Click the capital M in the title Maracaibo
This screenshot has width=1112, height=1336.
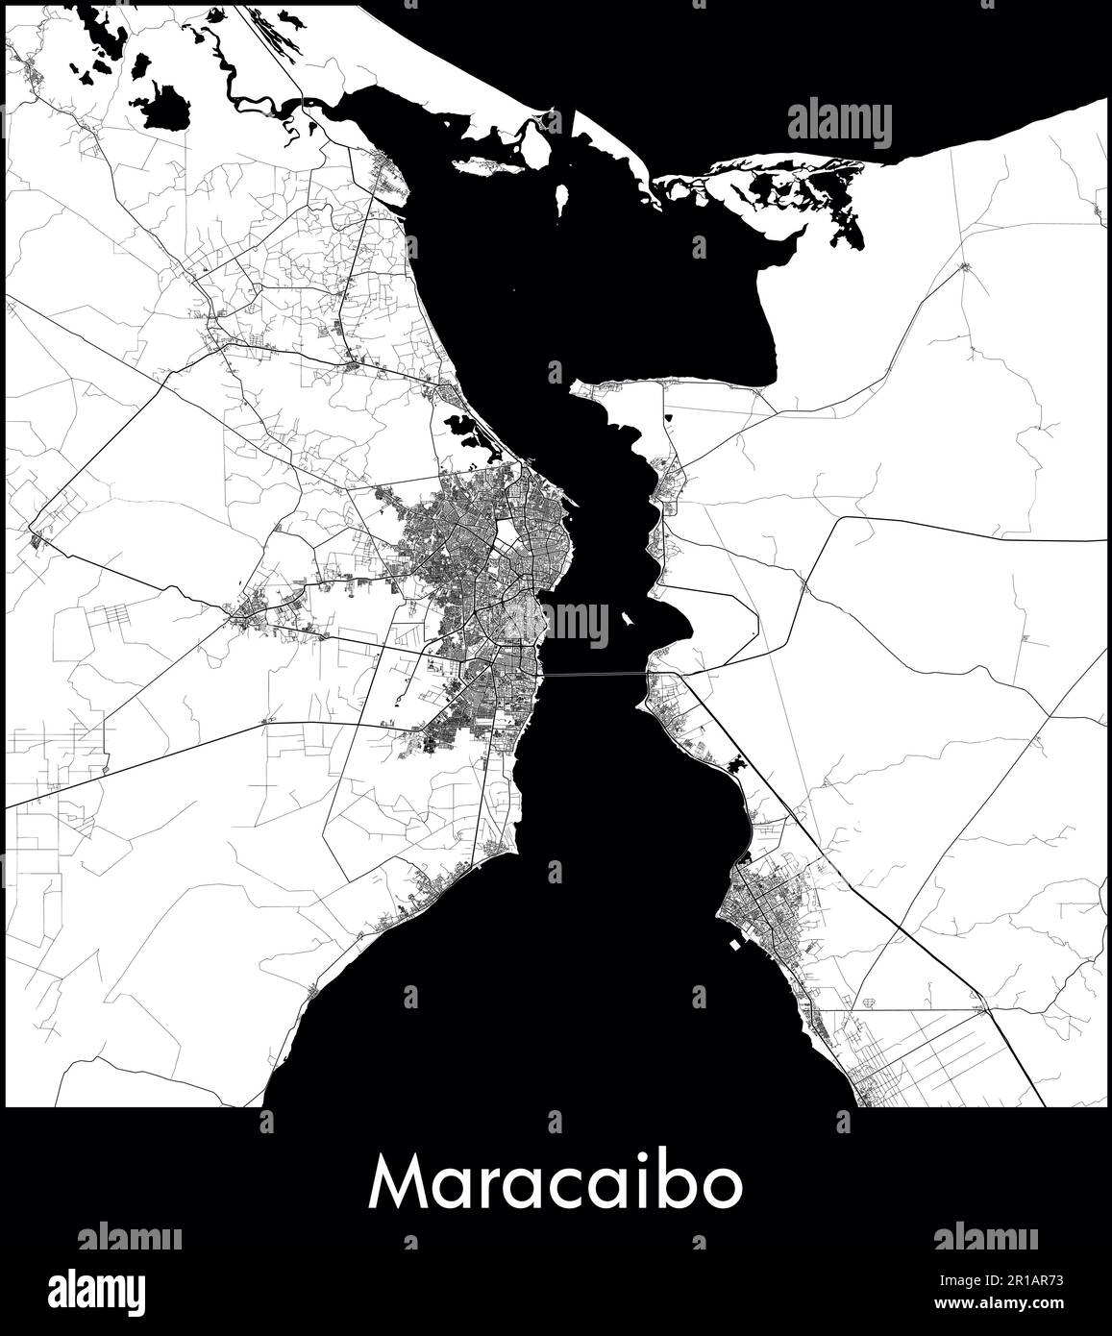point(398,1184)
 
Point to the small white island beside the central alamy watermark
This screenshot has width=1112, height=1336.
point(626,620)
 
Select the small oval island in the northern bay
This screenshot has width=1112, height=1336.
point(559,198)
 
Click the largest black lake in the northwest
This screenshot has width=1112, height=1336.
point(165,106)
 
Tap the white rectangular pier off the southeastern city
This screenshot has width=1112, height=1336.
point(735,944)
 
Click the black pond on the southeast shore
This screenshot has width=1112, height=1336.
point(739,767)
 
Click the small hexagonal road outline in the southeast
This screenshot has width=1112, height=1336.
point(872,1002)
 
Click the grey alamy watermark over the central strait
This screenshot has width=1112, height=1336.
point(576,625)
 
